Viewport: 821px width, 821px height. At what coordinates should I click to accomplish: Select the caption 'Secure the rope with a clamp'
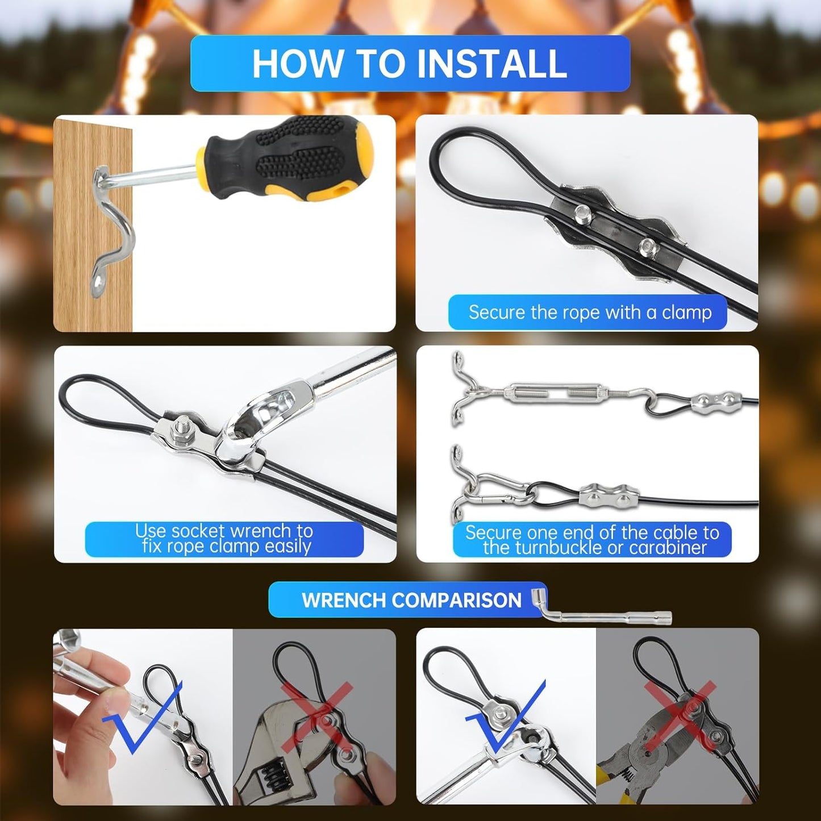point(589,312)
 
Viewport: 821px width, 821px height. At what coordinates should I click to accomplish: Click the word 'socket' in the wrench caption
point(198,531)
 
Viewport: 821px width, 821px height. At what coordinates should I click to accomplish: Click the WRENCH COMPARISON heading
point(411,600)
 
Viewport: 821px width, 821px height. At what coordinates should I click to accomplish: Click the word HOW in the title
point(295,63)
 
